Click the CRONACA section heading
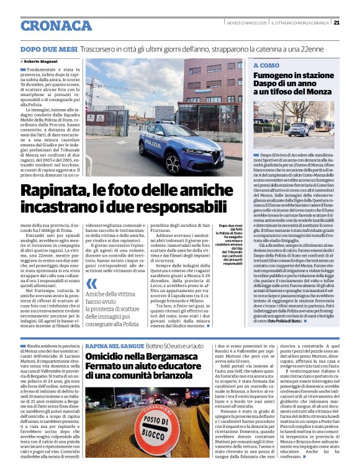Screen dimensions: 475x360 [x=56, y=25]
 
